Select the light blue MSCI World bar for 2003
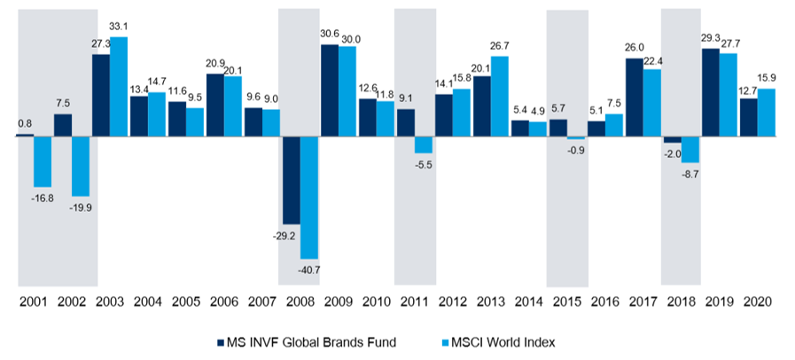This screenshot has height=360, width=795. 118,87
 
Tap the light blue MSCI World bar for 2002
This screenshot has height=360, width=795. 80,166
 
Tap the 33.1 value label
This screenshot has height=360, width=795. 118,28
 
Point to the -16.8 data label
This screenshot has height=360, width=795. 42,198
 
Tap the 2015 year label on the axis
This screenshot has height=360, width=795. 567,302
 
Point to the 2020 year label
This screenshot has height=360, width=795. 759,302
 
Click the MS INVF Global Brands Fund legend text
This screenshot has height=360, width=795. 305,340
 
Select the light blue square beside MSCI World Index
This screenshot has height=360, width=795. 446,340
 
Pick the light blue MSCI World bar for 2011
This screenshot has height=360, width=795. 423,145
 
